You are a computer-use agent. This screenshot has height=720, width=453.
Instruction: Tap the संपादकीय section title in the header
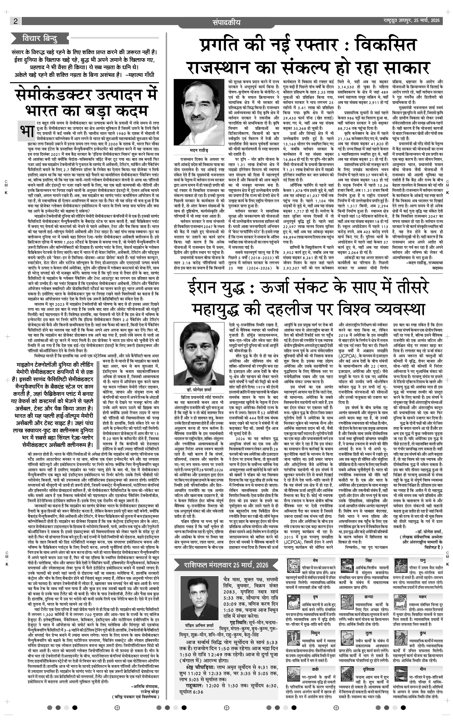point(226,22)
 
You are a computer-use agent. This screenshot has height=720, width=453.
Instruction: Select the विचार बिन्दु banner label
point(40,38)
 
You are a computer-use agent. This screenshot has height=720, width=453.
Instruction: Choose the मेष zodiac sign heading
point(315,560)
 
